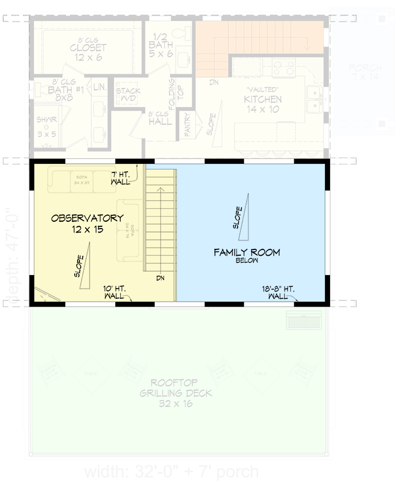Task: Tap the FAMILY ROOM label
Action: coord(247,253)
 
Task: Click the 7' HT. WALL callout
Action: coord(121,177)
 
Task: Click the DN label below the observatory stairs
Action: coord(161,278)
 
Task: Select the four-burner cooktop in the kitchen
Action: coord(284,68)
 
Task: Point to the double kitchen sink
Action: coord(314,99)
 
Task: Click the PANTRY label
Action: coord(187,124)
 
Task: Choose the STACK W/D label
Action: coord(128,95)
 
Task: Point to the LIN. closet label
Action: coord(99,87)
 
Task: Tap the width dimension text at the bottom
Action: coord(171,472)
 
